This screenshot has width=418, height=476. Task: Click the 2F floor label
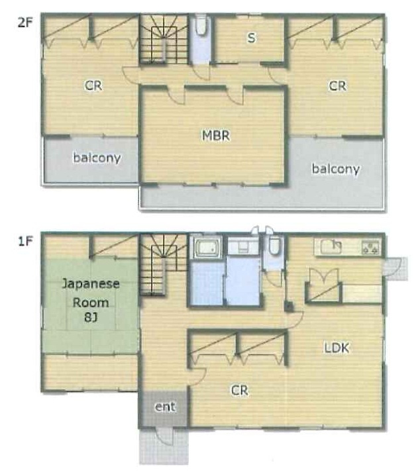[x=25, y=23]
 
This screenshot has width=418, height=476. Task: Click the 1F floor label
[x=25, y=242]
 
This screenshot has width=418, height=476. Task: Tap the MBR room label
[x=216, y=136]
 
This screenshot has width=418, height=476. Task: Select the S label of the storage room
[x=252, y=38]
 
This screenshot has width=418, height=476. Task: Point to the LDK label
[x=337, y=348]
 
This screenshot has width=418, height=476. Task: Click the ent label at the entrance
[x=165, y=406]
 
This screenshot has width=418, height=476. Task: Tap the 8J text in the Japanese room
[x=91, y=318]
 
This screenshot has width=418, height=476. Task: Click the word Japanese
[x=91, y=284]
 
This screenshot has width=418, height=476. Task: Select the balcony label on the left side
[x=97, y=158]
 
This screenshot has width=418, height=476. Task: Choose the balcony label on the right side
[x=336, y=169]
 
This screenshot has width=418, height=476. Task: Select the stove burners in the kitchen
[x=370, y=247]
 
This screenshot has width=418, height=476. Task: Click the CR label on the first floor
[x=240, y=391]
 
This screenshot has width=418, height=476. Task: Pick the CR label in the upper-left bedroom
[x=93, y=86]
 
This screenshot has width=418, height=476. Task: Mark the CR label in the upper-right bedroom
[x=338, y=86]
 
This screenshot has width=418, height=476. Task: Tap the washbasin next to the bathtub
[x=243, y=247]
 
